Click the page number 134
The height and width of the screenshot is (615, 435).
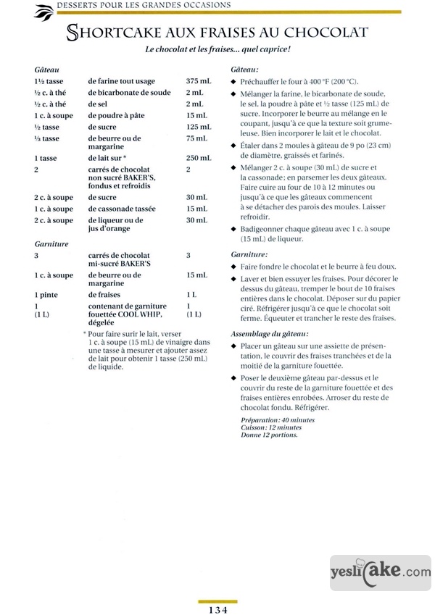217,609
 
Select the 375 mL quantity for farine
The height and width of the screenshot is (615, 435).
198,80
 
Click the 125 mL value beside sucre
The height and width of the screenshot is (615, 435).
198,127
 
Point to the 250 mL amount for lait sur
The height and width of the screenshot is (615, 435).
198,158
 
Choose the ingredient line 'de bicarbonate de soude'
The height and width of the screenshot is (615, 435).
129,92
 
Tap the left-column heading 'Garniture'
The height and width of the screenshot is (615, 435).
51,244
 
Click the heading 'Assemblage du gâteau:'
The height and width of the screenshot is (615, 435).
269,333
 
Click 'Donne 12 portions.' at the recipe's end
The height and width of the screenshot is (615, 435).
268,435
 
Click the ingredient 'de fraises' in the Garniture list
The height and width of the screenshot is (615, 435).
107,295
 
